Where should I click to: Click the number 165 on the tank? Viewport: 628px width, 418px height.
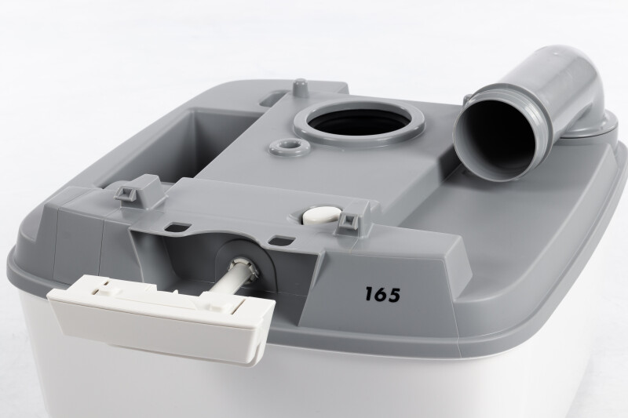(x=382, y=294)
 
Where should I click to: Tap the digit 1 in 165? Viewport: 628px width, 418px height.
(x=369, y=294)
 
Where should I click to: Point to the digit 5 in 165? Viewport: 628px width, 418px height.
(x=394, y=295)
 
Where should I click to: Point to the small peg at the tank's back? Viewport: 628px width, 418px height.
(x=300, y=88)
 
